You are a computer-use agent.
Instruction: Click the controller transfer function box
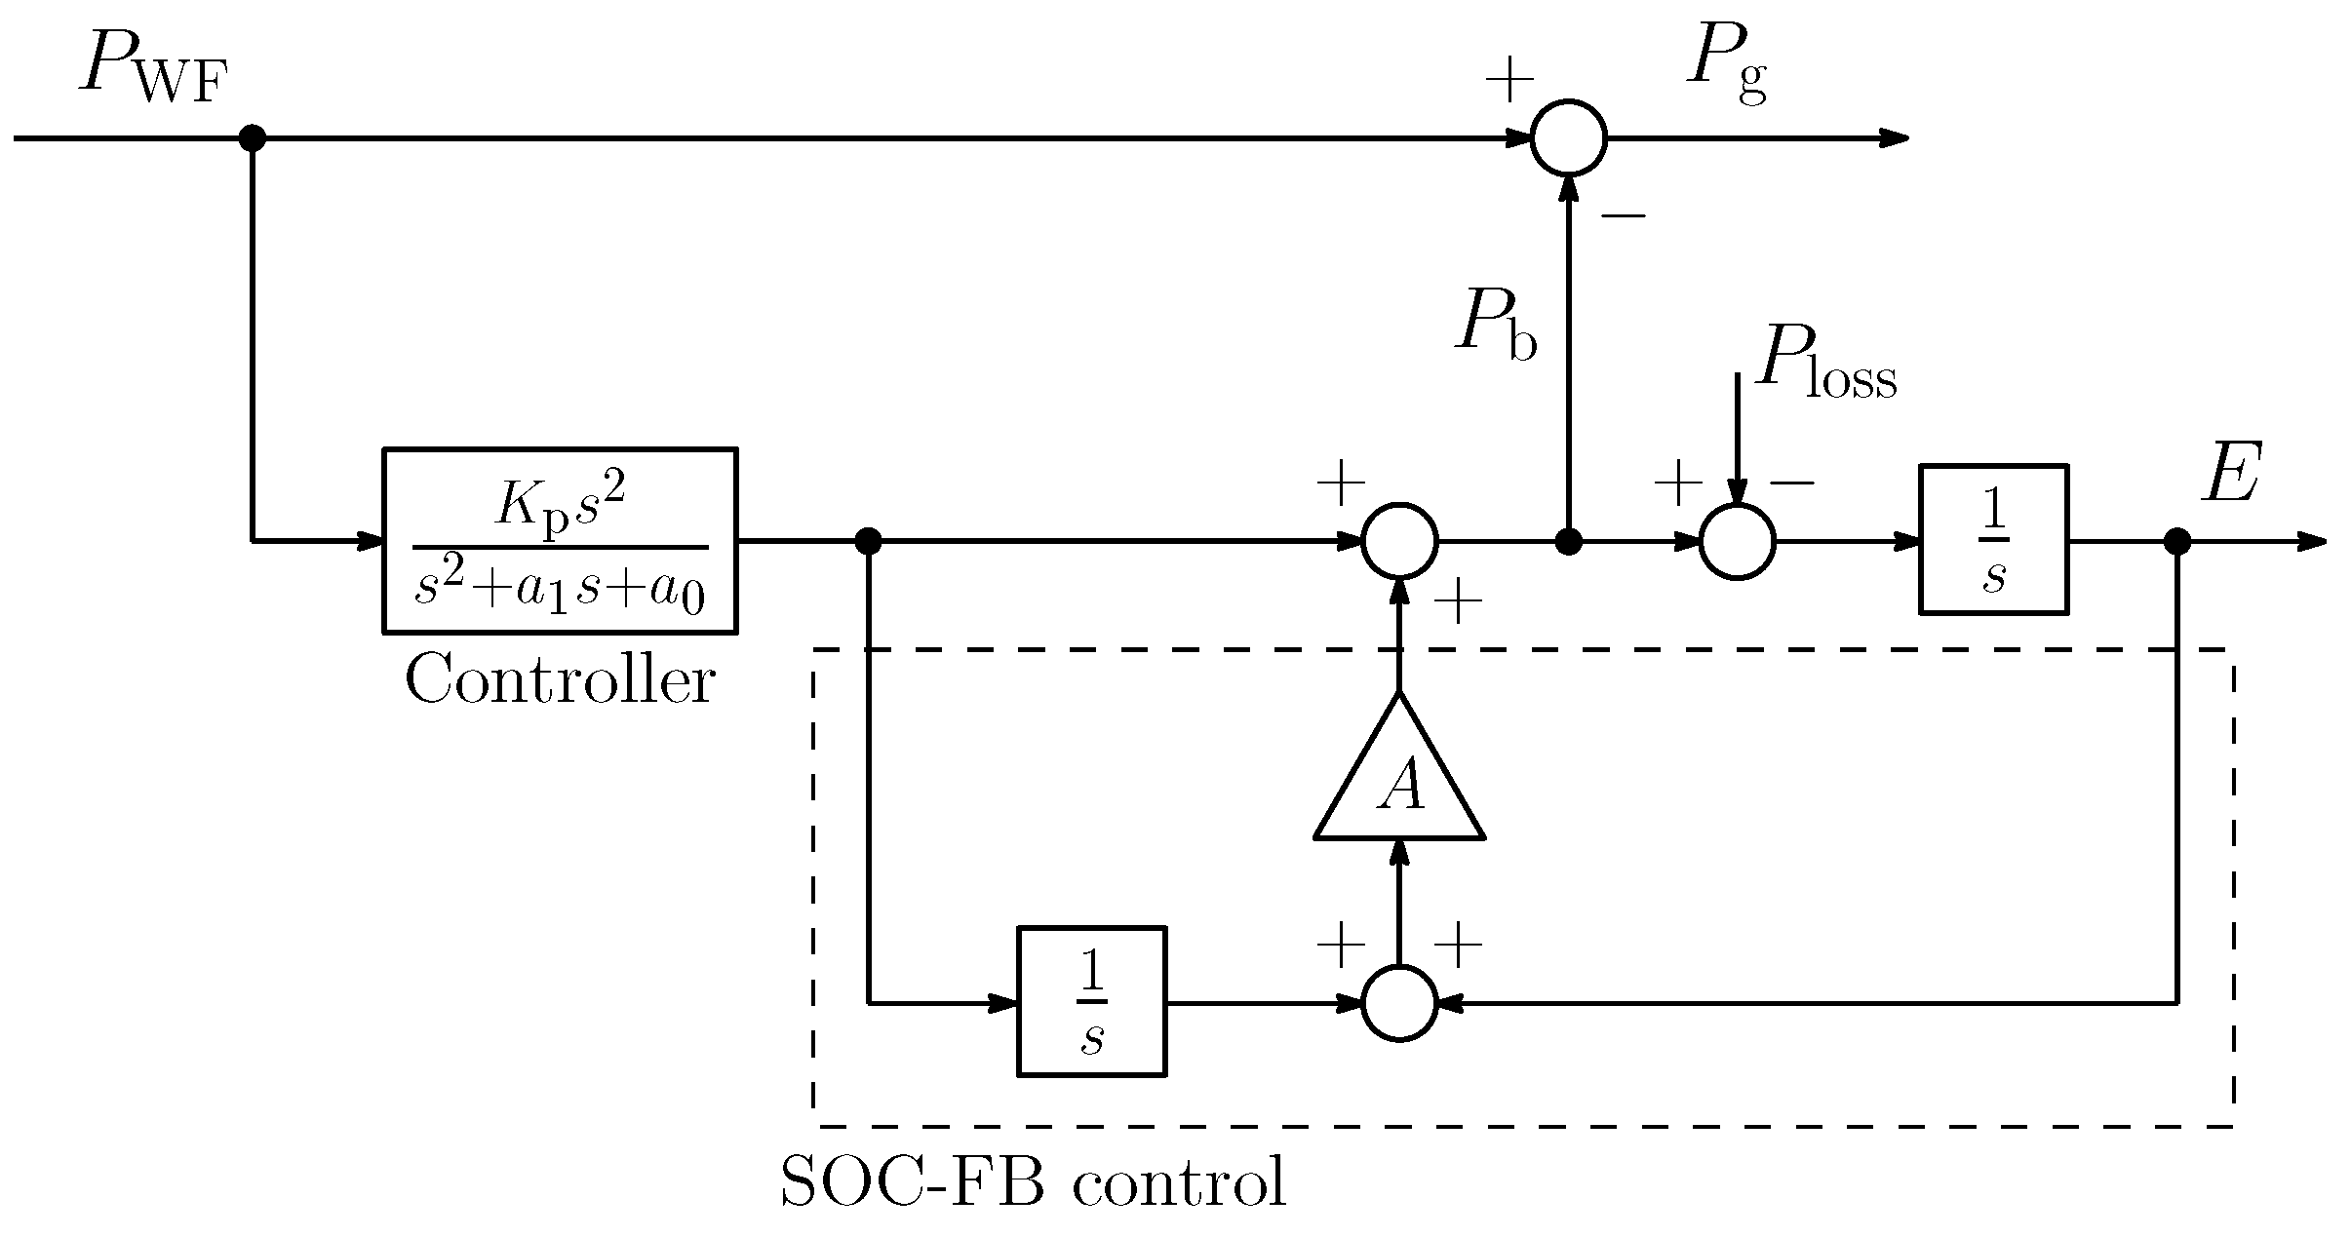pyautogui.click(x=560, y=540)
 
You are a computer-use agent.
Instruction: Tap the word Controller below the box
pyautogui.click(x=560, y=680)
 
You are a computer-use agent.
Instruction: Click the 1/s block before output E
pyautogui.click(x=1993, y=540)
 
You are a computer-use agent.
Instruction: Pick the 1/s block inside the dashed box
pyautogui.click(x=1091, y=1001)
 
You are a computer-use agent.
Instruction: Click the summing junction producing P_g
pyautogui.click(x=1568, y=137)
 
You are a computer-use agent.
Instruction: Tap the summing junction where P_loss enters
pyautogui.click(x=1737, y=541)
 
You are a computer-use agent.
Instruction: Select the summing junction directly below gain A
pyautogui.click(x=1399, y=1002)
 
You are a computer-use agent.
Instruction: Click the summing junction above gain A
pyautogui.click(x=1399, y=541)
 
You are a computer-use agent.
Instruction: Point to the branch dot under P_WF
pyautogui.click(x=253, y=137)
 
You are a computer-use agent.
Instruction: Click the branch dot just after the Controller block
pyautogui.click(x=868, y=541)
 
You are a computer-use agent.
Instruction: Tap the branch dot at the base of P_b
pyautogui.click(x=1568, y=541)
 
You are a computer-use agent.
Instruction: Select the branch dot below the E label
pyautogui.click(x=2177, y=541)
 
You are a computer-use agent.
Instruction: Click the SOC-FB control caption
pyautogui.click(x=1033, y=1183)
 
